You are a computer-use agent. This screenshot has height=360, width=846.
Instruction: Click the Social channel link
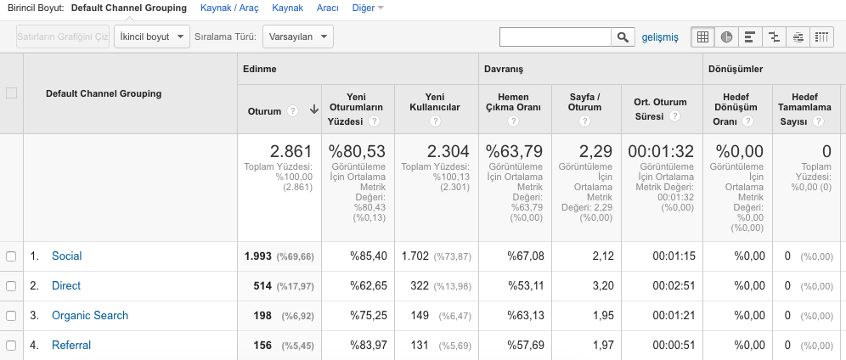(x=67, y=256)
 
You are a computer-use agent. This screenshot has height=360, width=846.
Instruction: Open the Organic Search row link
(x=90, y=315)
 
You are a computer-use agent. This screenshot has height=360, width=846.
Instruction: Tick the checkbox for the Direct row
(x=11, y=285)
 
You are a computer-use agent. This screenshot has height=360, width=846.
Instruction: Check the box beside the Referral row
(x=11, y=345)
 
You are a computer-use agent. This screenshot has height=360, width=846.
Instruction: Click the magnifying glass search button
(x=623, y=37)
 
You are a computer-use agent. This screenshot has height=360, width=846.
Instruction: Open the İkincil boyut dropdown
(x=151, y=37)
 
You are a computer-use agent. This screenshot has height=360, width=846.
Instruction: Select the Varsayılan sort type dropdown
(x=298, y=37)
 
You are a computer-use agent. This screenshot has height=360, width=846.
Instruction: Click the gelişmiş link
(x=660, y=37)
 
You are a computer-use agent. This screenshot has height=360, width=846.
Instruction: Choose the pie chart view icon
(x=726, y=37)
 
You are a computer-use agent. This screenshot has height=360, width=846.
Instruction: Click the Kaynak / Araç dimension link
(x=229, y=8)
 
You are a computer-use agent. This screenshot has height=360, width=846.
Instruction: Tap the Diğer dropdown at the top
(x=368, y=8)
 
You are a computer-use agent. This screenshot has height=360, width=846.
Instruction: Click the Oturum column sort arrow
(x=314, y=110)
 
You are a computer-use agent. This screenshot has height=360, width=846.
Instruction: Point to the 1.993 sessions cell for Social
(x=258, y=256)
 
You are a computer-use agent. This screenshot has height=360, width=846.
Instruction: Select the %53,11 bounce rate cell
(x=526, y=285)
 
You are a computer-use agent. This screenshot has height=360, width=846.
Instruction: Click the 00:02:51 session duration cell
(x=674, y=285)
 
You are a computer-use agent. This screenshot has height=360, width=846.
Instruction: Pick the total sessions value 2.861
(x=290, y=151)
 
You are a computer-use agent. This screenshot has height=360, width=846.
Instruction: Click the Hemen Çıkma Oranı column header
(x=513, y=102)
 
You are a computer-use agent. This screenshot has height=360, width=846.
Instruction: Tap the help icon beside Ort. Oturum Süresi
(x=674, y=116)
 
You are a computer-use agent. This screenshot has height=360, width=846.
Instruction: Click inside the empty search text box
(x=556, y=37)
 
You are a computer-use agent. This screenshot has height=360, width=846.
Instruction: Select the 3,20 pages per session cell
(x=603, y=285)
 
